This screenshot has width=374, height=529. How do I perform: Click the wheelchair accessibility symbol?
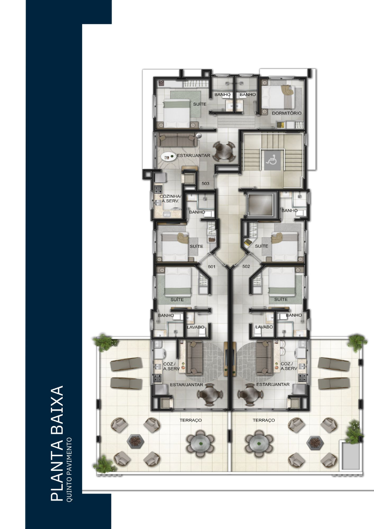(272, 160)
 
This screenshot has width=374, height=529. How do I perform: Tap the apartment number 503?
(206, 184)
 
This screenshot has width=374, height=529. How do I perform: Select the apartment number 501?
(212, 267)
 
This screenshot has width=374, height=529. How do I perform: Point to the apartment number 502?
(246, 267)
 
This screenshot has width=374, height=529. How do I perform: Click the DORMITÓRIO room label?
(287, 113)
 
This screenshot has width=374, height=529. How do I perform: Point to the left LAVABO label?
(195, 327)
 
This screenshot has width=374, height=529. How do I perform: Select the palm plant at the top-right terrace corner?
(357, 342)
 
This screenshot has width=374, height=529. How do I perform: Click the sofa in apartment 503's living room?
(177, 140)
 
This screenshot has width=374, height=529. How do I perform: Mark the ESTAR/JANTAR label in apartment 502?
(273, 385)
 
